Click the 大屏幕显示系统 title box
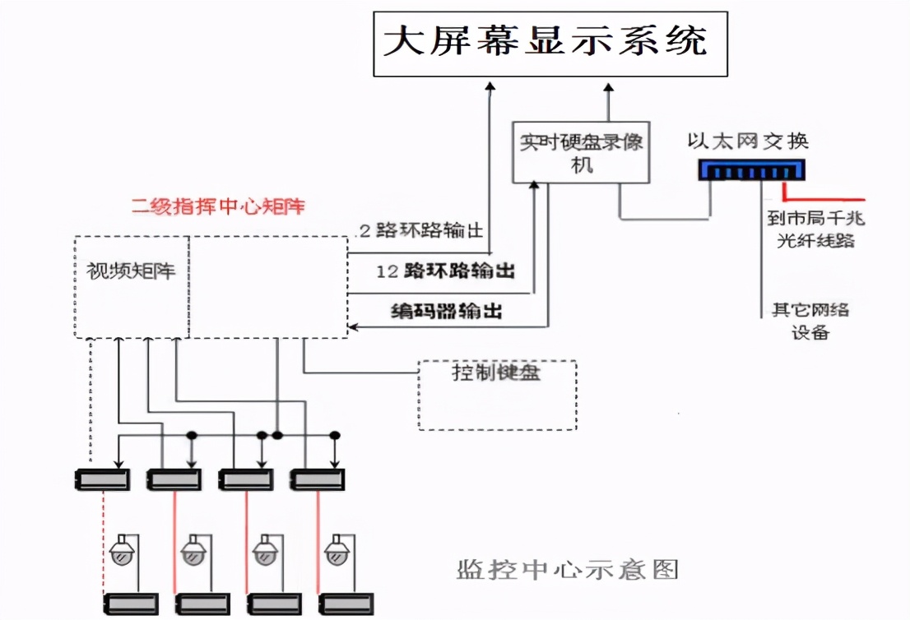tap(550, 44)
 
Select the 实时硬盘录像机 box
tap(581, 153)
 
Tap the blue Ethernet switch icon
tap(751, 170)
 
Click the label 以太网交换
tap(748, 141)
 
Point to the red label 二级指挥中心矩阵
tap(218, 206)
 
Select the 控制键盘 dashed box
tap(497, 394)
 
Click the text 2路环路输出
tap(420, 230)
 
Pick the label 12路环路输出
tap(445, 271)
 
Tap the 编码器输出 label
tap(445, 311)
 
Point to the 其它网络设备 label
tap(810, 321)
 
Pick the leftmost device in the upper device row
tap(100, 479)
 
